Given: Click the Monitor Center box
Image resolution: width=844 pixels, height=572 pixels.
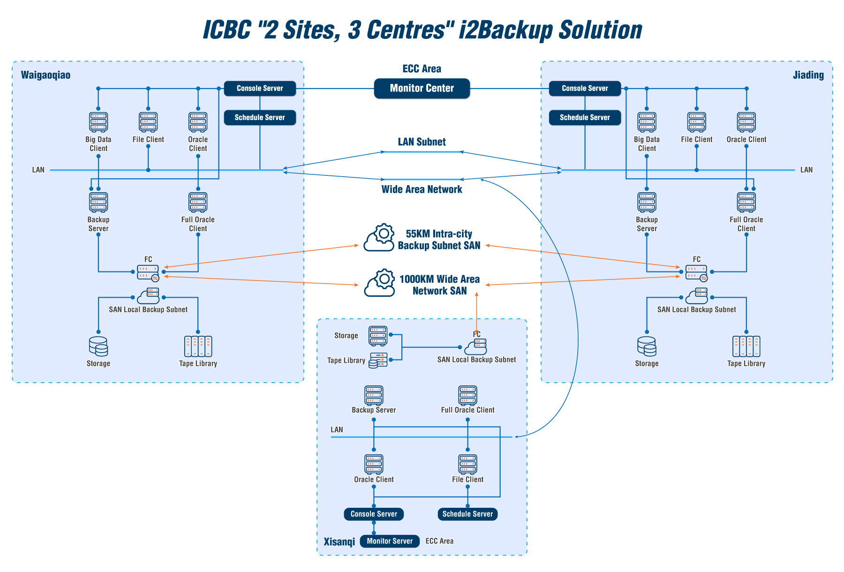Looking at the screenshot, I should pos(422,88).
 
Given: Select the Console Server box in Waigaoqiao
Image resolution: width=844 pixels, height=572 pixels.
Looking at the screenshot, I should pos(260,88).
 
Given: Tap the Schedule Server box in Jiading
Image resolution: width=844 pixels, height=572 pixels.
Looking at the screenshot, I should pos(585,117).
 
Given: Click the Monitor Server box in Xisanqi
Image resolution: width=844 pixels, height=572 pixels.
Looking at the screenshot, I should pos(390,541).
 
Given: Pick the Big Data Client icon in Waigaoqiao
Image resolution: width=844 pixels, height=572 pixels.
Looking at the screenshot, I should pos(98,122).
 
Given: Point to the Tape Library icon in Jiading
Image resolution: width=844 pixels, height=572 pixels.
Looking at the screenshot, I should pos(746,346).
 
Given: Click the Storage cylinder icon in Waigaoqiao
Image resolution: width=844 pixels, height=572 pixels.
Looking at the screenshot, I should pos(98,346).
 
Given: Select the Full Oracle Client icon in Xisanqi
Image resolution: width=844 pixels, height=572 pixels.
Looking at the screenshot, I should pos(467,395).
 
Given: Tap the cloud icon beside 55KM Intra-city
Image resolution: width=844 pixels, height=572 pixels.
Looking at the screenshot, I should pos(379,238).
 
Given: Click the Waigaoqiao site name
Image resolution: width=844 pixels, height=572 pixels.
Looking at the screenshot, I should pos(45,75).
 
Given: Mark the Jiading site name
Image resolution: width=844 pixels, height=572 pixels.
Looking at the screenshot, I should pos(808,75).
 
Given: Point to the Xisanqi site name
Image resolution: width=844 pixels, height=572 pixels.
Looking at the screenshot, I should pos(339,542).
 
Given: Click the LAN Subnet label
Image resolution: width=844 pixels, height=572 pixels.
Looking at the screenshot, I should pos(422,142).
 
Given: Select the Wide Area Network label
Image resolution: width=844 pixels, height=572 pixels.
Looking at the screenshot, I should pos(422,189).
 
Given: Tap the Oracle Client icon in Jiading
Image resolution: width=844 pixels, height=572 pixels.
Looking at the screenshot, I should pos(746,122).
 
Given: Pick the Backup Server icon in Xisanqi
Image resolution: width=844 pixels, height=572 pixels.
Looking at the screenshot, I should pos(374,395).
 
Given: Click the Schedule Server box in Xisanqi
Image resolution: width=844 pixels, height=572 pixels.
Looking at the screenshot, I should pos(467,514).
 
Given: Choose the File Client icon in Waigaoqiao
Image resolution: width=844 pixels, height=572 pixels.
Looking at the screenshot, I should pos(148,122).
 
